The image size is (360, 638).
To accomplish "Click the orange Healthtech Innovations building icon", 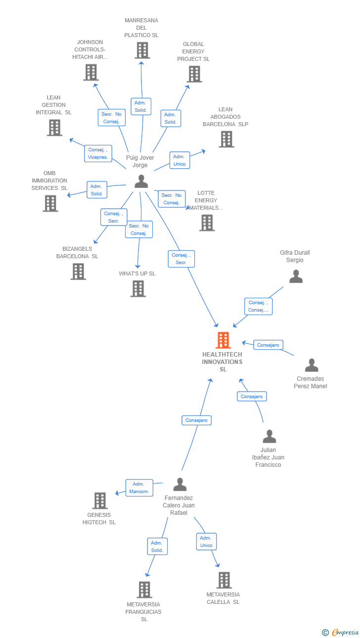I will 223,340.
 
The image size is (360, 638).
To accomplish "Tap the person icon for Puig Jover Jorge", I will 141,182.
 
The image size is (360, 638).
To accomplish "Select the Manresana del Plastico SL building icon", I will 142,50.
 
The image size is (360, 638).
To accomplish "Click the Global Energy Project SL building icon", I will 194,74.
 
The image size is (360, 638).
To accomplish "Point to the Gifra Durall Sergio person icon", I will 296,276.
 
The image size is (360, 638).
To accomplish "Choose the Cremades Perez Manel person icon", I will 312,365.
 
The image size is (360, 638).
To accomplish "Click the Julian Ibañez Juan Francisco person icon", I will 269,437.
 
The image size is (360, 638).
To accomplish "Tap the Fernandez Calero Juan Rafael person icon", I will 180,484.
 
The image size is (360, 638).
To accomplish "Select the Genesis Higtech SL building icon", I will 100,501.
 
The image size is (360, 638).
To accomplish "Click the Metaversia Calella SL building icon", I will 224,580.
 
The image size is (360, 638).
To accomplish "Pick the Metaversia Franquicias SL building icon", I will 144,590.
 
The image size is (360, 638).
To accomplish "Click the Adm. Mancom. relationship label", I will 139,488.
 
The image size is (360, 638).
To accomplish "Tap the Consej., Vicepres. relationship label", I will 98,153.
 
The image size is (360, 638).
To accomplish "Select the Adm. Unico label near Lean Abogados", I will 179,160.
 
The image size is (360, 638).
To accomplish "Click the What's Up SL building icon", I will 138,289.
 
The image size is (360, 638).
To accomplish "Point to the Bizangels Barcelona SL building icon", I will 78,272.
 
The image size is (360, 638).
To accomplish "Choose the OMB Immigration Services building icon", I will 50,203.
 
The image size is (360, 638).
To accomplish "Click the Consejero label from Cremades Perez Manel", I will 268,345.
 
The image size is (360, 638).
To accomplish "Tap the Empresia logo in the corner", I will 341,632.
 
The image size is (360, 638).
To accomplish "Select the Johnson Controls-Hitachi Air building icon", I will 90,73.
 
